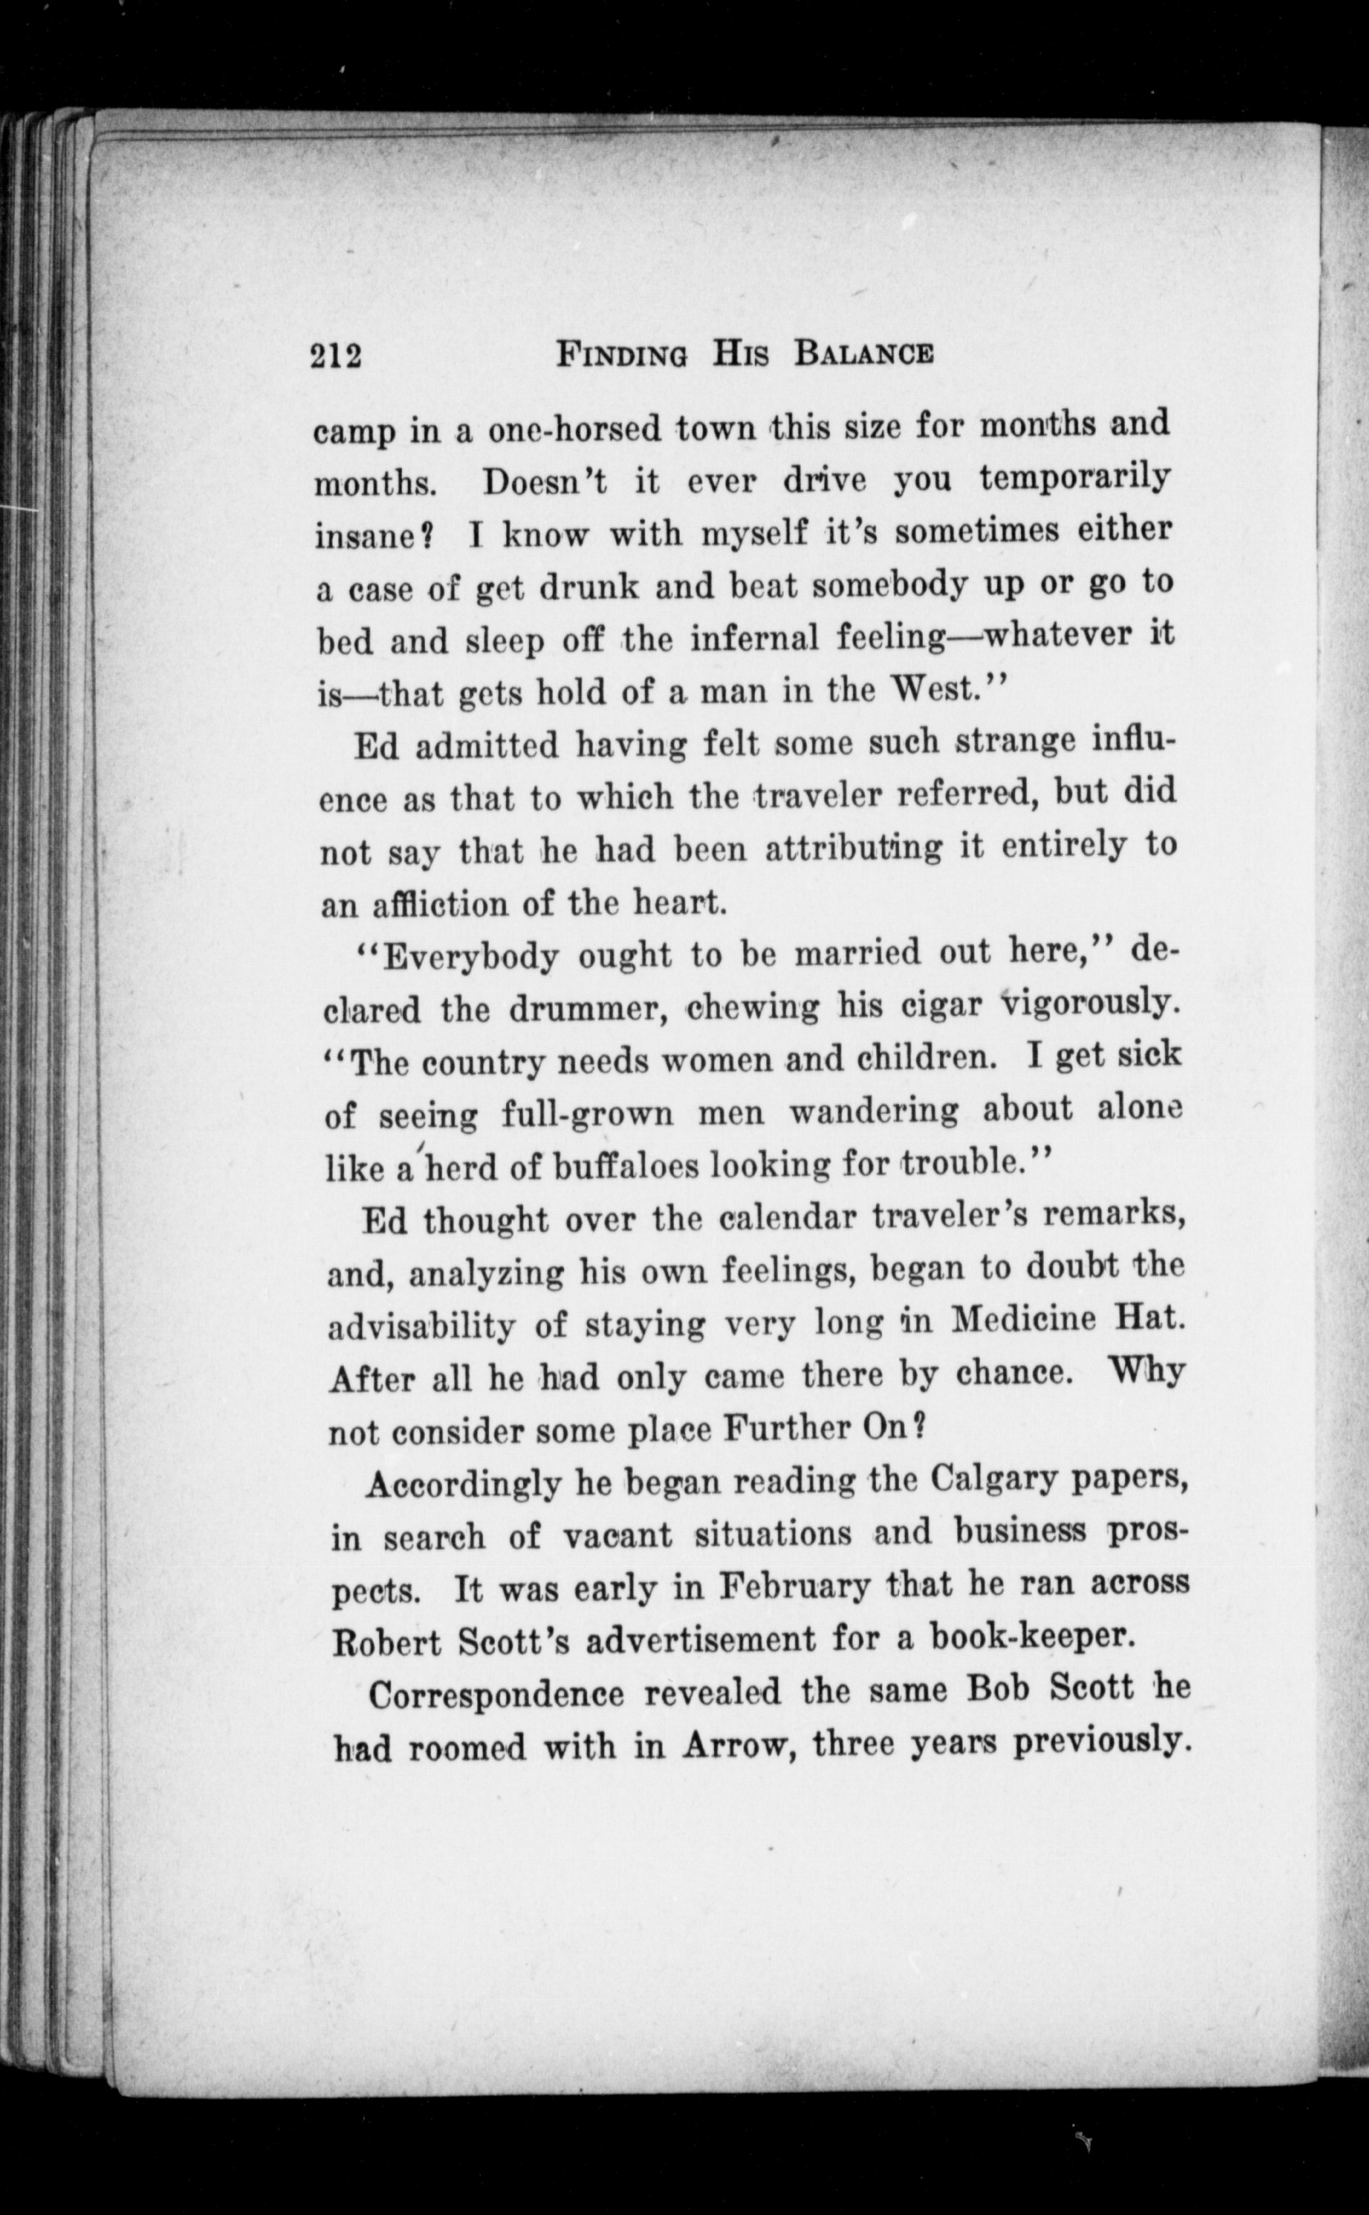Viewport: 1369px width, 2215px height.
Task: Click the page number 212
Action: pyautogui.click(x=336, y=355)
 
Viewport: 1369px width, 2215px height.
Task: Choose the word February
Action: pyautogui.click(x=795, y=1586)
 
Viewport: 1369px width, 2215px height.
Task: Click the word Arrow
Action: pyautogui.click(x=734, y=1744)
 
